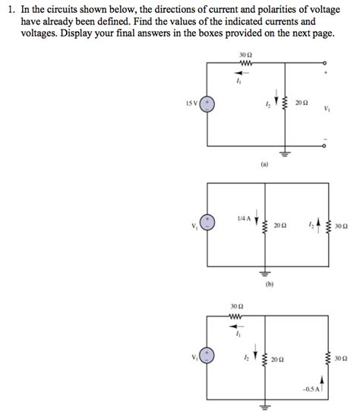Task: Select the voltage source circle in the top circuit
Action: [x=207, y=103]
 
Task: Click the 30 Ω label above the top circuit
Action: [x=245, y=56]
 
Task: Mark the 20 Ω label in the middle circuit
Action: [x=280, y=225]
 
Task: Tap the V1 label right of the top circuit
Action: [x=327, y=108]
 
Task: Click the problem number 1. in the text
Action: [x=8, y=8]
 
